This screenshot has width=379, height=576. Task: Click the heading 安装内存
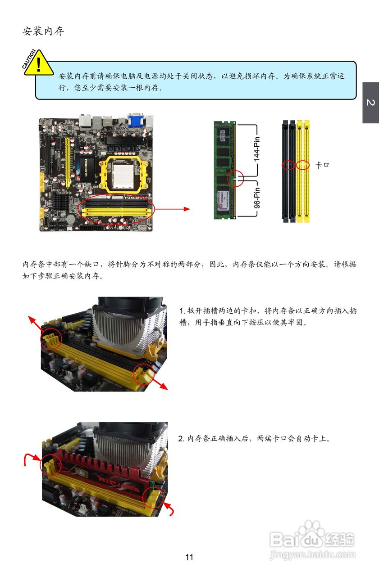tap(43, 31)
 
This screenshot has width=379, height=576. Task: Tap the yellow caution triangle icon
tap(39, 63)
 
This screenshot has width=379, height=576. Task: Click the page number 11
tap(189, 557)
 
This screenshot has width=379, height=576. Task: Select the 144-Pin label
tap(257, 149)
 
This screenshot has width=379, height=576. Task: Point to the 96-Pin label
tap(257, 198)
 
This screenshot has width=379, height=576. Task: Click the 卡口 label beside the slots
tap(322, 165)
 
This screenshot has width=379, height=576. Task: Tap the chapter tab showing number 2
tap(370, 103)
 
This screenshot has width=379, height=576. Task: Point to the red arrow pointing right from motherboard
tap(172, 209)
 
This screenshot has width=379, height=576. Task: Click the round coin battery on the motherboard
tap(71, 219)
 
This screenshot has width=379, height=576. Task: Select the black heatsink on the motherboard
tap(61, 201)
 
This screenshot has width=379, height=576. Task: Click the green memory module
tap(225, 170)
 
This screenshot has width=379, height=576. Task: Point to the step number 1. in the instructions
tap(182, 311)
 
